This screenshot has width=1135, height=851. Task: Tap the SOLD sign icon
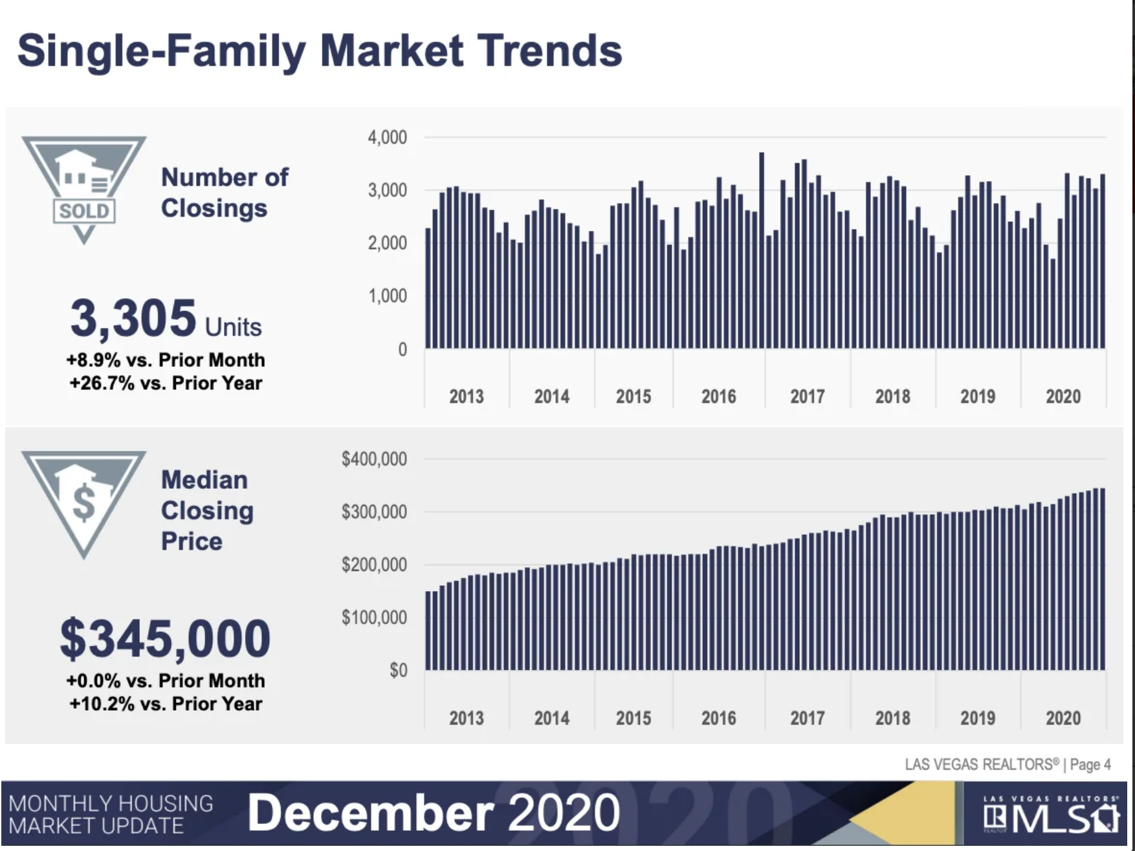[x=83, y=188]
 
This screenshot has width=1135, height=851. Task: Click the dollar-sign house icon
[x=83, y=502]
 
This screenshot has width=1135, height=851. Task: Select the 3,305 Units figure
[x=166, y=319]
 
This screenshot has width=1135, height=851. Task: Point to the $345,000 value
[x=165, y=638]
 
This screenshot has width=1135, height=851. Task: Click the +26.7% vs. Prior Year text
[x=166, y=383]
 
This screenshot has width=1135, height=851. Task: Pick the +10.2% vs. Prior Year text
[x=166, y=704]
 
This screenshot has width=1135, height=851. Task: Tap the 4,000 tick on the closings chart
[x=387, y=137]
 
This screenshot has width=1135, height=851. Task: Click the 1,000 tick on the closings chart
[x=387, y=296]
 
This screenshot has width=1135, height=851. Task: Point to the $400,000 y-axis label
[x=374, y=459]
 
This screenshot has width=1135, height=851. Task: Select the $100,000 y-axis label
[x=374, y=618]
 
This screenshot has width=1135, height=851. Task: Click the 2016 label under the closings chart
[x=718, y=396]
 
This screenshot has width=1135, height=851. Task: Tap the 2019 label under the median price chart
[x=977, y=718]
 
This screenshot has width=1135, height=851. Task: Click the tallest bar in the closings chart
[x=762, y=252]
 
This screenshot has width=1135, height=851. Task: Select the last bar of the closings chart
[x=1103, y=262]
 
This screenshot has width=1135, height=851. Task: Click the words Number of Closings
[x=224, y=193]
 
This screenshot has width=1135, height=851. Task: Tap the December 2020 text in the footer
[x=433, y=813]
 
